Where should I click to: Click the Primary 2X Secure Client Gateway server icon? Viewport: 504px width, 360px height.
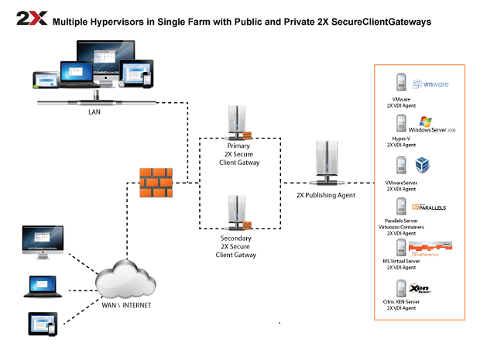[x=238, y=121]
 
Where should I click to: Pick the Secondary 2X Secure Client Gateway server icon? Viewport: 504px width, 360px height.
[x=238, y=211]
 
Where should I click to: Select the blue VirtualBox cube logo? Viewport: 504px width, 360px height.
[x=423, y=165]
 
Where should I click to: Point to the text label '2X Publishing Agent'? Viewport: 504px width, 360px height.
[x=326, y=195]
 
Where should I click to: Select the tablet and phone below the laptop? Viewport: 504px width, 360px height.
[x=43, y=323]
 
